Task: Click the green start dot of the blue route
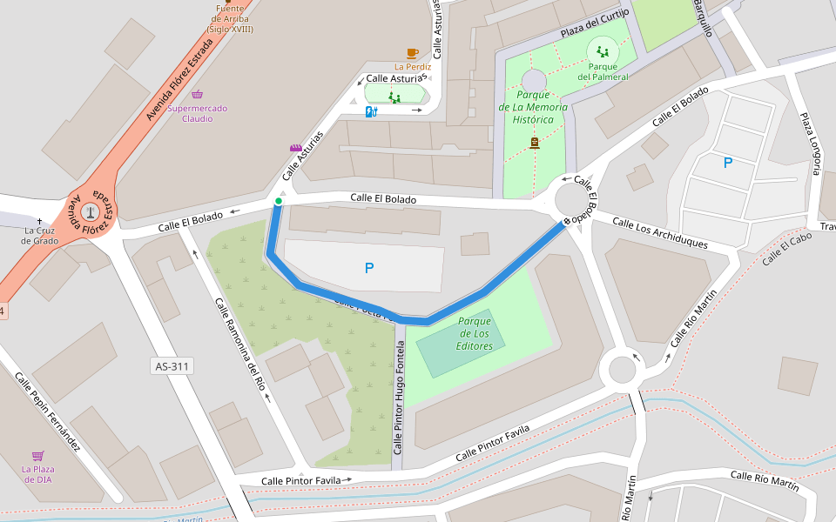(278, 202)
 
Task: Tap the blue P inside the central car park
(369, 269)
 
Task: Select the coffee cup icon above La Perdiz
(412, 53)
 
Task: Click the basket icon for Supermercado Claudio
(198, 95)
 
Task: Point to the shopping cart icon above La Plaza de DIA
(37, 456)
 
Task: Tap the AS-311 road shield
(172, 366)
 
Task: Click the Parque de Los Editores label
(475, 333)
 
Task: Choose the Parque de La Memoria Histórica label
(533, 107)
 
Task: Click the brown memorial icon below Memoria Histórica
(534, 142)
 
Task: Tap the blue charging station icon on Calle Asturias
(371, 111)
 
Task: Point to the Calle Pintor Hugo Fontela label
(399, 398)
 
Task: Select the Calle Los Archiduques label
(659, 233)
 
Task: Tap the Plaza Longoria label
(810, 144)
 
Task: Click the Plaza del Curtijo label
(595, 25)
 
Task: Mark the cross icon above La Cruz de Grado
(39, 220)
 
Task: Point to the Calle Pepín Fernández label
(47, 412)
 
